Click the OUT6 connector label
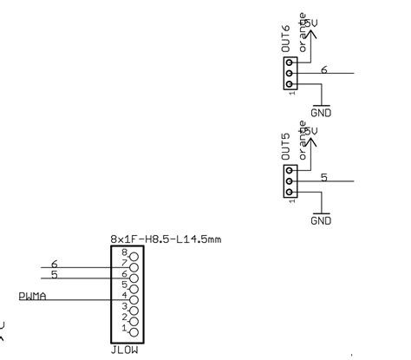coord(285,42)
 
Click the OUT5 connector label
coord(285,147)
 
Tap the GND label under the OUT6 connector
coord(321,113)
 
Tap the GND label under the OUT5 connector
coord(321,220)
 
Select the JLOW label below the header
coord(125,351)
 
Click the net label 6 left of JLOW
coord(54,264)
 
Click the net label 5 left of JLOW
coord(54,276)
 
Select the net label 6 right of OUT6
coord(323,69)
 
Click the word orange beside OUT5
coord(303,141)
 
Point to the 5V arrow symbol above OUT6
coord(314,35)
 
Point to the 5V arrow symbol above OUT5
coord(314,142)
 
